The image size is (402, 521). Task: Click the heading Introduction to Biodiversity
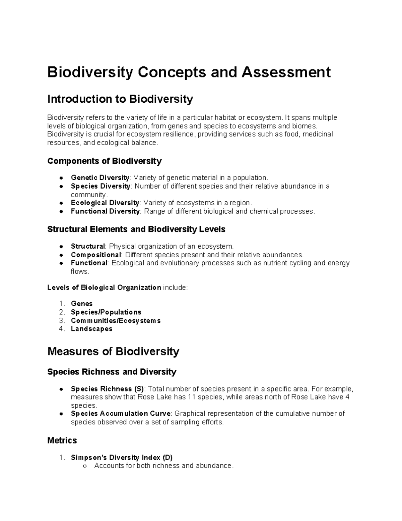click(120, 99)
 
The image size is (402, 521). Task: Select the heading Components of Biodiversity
click(105, 161)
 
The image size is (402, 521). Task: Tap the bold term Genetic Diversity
click(100, 177)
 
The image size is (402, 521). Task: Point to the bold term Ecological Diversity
click(105, 203)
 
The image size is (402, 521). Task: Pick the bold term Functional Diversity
click(105, 211)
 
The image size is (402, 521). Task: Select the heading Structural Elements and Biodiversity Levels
click(136, 229)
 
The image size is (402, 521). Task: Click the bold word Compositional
click(95, 255)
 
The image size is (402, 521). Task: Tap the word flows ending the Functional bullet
click(80, 271)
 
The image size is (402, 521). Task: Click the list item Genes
click(82, 304)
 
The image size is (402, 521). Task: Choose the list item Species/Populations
click(106, 312)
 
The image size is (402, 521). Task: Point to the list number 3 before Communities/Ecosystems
click(61, 321)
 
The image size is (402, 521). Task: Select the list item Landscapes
click(91, 329)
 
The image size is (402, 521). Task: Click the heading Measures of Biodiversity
click(113, 352)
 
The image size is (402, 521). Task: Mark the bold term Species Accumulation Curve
click(121, 414)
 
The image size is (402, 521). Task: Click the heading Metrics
click(62, 440)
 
